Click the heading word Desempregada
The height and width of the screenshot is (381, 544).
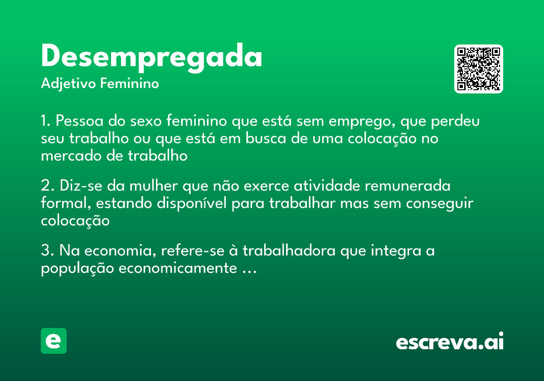[151, 57]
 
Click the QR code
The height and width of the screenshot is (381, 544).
[478, 69]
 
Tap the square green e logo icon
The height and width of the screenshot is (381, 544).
[53, 341]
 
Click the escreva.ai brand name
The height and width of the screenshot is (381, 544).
[450, 342]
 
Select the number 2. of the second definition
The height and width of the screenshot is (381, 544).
[47, 187]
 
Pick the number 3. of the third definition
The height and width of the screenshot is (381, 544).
[47, 251]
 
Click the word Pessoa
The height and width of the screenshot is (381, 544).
[78, 122]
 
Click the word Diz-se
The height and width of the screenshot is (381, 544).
[77, 187]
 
